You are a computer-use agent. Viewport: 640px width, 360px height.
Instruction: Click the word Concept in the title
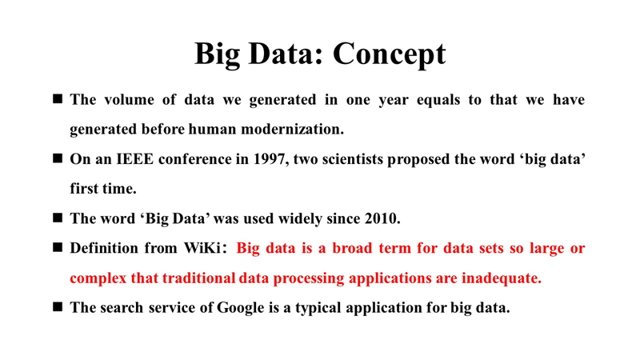click(390, 54)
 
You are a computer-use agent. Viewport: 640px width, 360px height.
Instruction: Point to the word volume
click(129, 99)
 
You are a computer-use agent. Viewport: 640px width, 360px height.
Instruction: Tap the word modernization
click(292, 130)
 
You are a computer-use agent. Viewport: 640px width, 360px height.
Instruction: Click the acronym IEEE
click(134, 159)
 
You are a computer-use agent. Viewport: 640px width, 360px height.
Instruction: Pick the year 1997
click(270, 159)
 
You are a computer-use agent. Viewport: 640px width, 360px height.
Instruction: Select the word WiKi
click(203, 248)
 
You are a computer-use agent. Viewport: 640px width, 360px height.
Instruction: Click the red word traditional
click(198, 278)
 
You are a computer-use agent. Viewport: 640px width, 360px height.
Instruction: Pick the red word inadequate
click(502, 278)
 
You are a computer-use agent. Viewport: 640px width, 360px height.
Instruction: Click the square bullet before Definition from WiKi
click(58, 247)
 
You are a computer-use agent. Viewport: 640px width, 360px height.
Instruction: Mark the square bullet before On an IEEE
click(58, 158)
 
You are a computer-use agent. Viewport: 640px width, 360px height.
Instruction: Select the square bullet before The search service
click(58, 307)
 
